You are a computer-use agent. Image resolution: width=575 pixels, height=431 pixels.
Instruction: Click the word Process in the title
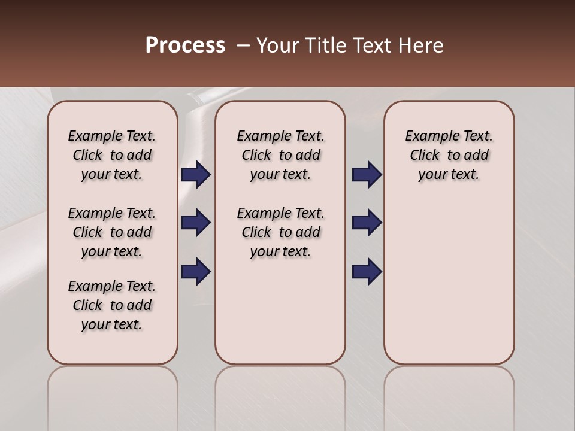185,45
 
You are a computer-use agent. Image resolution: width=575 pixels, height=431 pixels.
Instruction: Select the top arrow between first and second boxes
196,175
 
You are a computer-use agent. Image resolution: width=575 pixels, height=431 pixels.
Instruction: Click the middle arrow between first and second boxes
196,223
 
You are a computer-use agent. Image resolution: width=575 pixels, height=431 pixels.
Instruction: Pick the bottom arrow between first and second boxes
196,272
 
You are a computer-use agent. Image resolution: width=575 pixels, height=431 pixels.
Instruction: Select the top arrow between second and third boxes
367,175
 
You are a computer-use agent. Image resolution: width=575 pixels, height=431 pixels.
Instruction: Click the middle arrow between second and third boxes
367,223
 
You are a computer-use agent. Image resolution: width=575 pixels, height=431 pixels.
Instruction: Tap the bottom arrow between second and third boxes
367,272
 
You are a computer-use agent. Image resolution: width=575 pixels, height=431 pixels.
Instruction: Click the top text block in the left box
112,155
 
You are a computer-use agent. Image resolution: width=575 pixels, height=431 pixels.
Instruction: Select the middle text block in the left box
112,232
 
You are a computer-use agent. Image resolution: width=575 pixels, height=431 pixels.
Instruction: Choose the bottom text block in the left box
112,305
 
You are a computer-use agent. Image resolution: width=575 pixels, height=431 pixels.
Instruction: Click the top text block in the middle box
280,155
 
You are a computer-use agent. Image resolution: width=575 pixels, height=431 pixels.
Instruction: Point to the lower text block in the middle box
280,232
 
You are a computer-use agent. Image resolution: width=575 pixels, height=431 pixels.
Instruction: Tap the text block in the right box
449,155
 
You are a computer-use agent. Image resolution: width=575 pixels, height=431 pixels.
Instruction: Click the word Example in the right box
428,136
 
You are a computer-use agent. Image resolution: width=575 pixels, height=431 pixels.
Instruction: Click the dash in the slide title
243,45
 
